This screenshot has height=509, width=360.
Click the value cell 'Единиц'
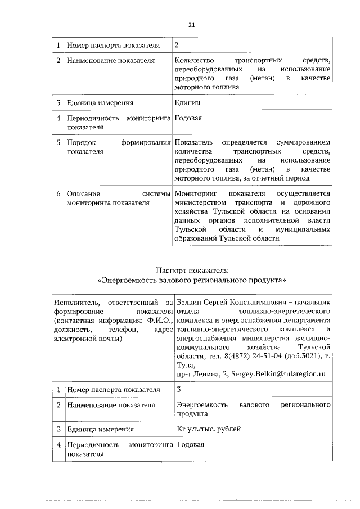(x=187, y=103)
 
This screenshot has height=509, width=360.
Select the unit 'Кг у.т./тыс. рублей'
(x=209, y=429)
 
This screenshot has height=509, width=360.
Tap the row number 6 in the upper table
(x=58, y=193)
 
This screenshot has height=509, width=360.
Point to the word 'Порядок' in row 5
(x=81, y=143)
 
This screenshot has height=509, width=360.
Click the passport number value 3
(x=179, y=389)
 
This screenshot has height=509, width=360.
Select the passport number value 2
(x=177, y=44)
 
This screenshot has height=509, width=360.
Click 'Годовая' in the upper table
(x=188, y=119)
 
